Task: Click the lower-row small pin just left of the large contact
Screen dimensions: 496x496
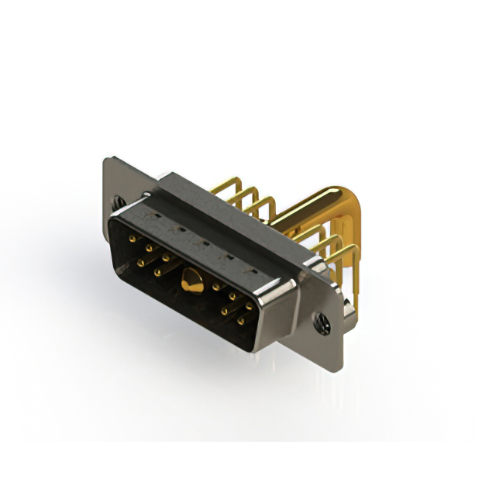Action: [158, 273]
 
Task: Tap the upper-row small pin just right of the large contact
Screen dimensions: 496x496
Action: [216, 288]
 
